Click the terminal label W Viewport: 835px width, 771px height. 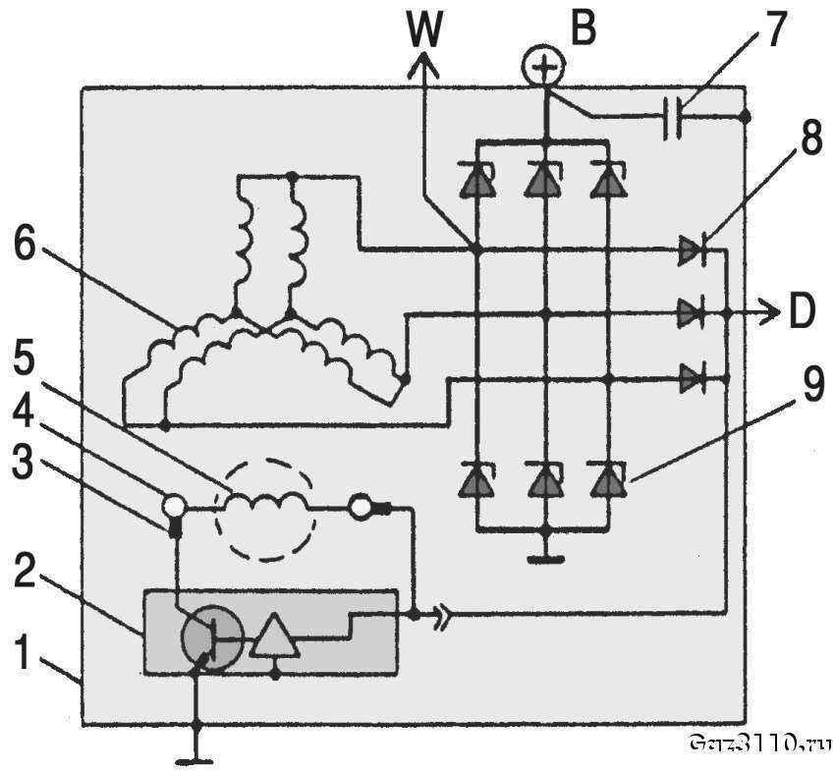(x=425, y=32)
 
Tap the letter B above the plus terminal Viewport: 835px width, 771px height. (x=583, y=29)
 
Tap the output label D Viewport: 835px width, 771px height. (x=802, y=315)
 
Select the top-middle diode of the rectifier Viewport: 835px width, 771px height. (x=543, y=181)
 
